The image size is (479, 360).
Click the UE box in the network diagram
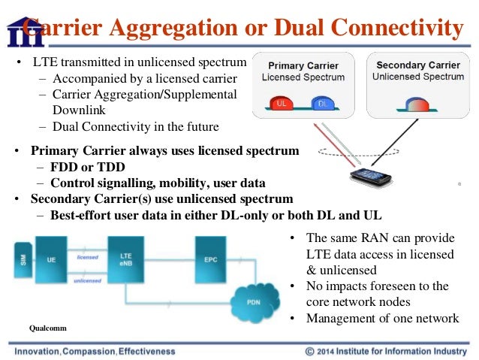[51, 260]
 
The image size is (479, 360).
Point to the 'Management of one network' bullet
[382, 318]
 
